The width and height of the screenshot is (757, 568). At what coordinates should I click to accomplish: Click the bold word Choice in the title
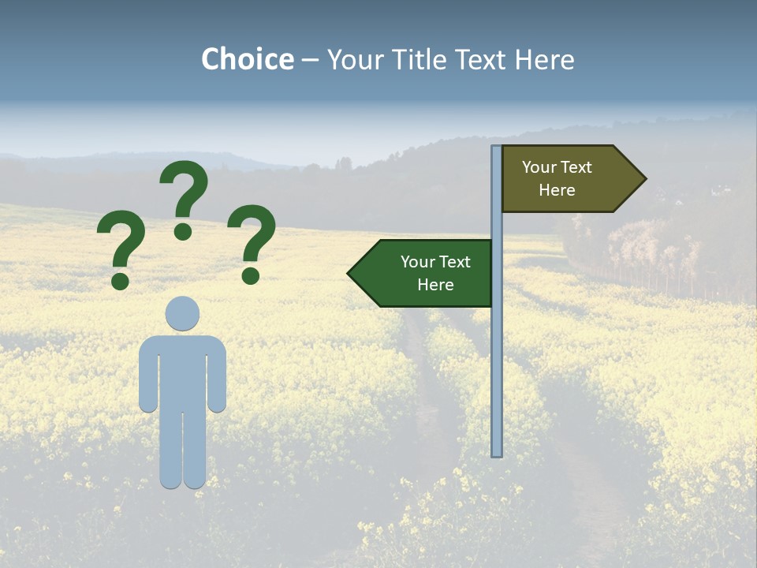247,59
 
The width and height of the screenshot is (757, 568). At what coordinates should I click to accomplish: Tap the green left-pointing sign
426,273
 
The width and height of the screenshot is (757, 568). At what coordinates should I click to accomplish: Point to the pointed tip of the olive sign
644,179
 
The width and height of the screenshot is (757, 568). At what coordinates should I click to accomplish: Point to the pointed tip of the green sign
349,273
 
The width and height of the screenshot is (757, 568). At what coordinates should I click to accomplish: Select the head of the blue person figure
182,313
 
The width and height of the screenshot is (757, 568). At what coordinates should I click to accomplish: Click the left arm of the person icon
147,379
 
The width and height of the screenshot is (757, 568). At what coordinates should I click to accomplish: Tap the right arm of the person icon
217,379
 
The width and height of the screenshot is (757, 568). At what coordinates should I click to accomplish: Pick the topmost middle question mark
184,193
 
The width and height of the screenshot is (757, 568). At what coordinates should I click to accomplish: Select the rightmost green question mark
252,241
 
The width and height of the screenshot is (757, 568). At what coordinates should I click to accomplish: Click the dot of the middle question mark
183,231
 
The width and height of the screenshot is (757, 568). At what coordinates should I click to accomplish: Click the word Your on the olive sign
539,167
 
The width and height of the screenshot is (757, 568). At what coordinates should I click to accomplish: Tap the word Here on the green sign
435,285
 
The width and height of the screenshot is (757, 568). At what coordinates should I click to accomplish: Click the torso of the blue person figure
182,371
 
